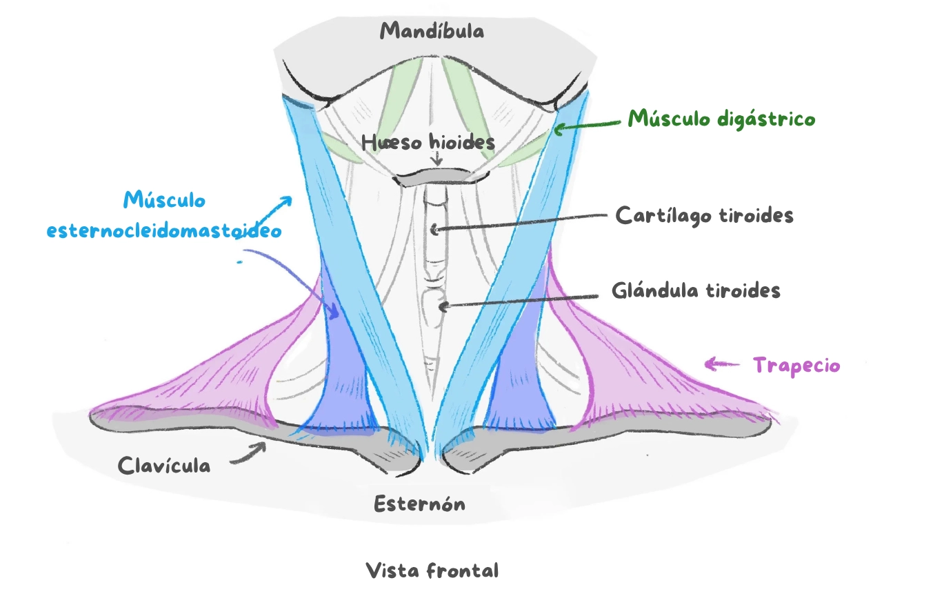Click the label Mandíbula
click(432, 31)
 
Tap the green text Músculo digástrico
click(721, 119)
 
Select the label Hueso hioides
click(428, 143)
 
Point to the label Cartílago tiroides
click(704, 215)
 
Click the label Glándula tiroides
click(696, 290)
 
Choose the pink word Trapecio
click(796, 365)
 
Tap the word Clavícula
click(164, 466)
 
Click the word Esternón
click(419, 504)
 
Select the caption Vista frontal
click(432, 571)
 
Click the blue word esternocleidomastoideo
click(164, 231)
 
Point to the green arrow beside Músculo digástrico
click(587, 125)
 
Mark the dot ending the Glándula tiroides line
click(445, 306)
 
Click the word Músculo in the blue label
click(164, 201)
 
